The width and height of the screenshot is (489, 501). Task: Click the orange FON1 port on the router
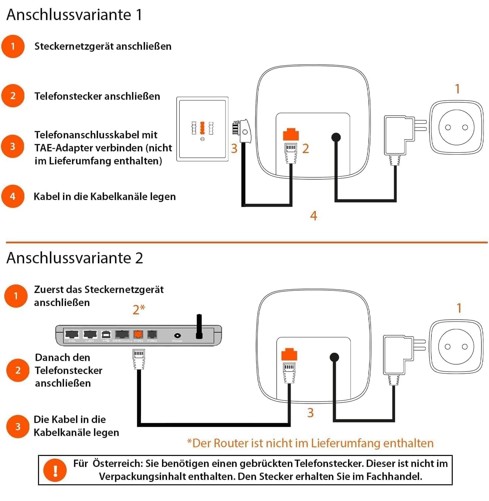click(138, 334)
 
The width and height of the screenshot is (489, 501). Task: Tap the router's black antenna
click(199, 326)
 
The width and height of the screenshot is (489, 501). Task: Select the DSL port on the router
click(72, 334)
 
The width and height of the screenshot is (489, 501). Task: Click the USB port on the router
click(106, 334)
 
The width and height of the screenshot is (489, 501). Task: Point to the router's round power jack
click(177, 335)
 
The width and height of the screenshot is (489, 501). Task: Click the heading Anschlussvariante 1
click(74, 15)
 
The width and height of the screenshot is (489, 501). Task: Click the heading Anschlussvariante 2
click(75, 258)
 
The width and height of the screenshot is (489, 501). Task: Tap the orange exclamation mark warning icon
click(55, 470)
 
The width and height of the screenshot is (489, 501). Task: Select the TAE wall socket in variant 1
click(202, 129)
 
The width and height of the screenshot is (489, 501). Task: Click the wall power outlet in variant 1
click(456, 127)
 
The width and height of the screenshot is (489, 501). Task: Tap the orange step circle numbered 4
click(13, 196)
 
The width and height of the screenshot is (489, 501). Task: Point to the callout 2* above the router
click(139, 309)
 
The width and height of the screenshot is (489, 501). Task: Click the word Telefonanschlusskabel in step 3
click(96, 135)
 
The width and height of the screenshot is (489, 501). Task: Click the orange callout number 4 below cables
click(314, 216)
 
